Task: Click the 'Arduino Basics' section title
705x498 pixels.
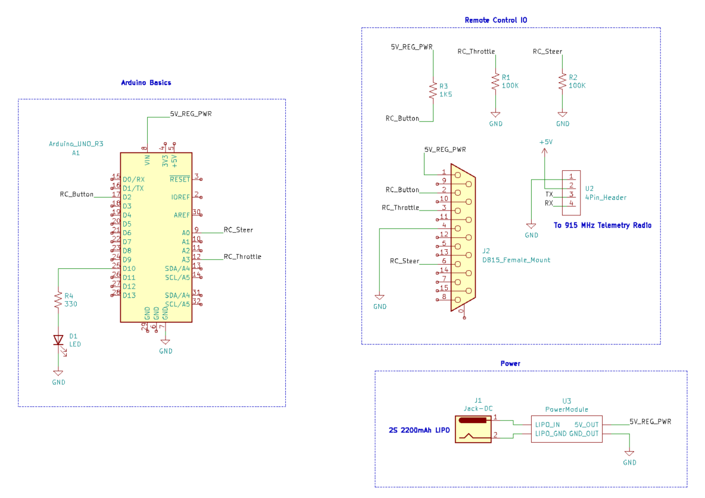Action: click(146, 83)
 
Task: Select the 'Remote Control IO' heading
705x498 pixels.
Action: click(495, 20)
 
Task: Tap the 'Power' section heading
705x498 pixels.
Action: click(510, 363)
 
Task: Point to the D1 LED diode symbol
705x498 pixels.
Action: click(58, 340)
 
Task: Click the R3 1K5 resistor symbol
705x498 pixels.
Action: click(433, 90)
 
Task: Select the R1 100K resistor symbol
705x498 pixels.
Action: click(494, 82)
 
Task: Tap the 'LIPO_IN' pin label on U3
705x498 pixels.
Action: click(547, 424)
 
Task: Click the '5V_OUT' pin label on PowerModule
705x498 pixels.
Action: click(586, 424)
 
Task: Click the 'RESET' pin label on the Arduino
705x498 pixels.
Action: click(180, 179)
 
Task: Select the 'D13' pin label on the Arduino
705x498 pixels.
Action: click(129, 295)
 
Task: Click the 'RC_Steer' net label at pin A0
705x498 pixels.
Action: click(238, 230)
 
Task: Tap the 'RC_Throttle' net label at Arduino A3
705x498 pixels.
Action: click(242, 257)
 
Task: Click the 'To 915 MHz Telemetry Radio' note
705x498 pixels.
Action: click(602, 225)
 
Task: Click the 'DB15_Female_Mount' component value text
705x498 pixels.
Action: click(516, 259)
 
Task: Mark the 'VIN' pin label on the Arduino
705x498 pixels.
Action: click(147, 159)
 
